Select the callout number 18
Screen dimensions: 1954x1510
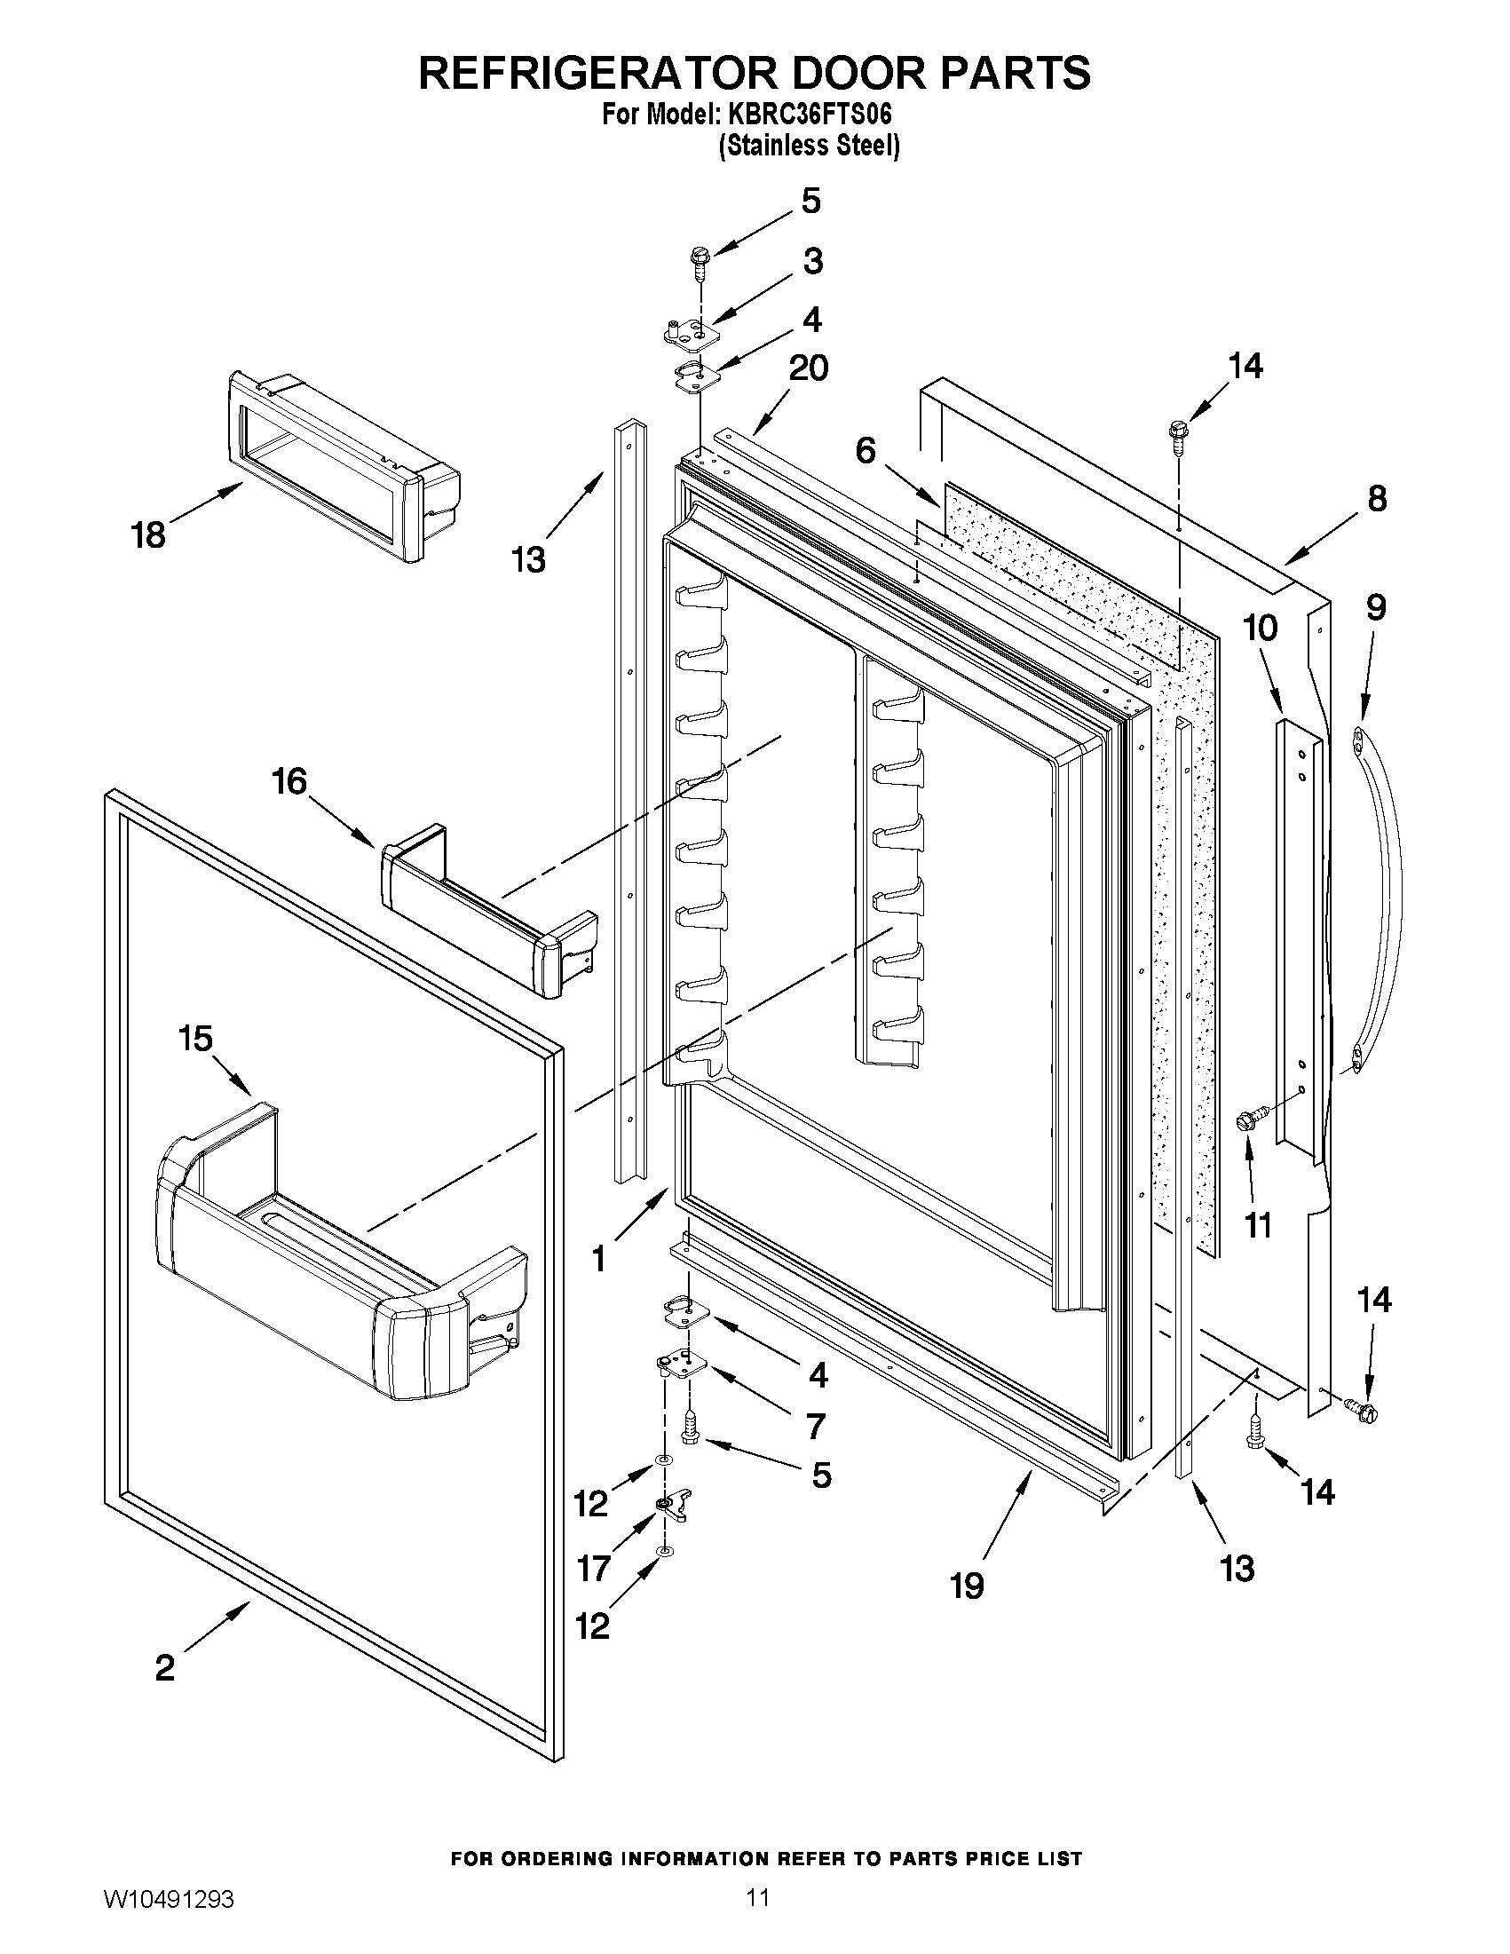(x=148, y=536)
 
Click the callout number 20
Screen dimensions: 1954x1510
(x=807, y=368)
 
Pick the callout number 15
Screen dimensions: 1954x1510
(x=195, y=1039)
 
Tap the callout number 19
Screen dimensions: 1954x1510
(x=967, y=1586)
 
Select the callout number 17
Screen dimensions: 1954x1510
(x=594, y=1569)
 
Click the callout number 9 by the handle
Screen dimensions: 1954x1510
(x=1376, y=607)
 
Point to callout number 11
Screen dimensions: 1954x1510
(x=1258, y=1226)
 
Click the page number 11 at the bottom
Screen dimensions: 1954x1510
(x=758, y=1916)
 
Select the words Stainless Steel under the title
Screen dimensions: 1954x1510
(x=810, y=146)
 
